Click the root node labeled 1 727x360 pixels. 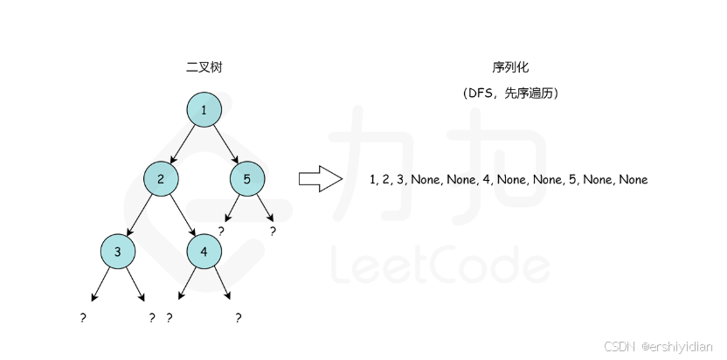204,110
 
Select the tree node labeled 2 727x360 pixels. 161,179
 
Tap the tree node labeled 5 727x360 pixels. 247,179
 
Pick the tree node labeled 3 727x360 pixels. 117,251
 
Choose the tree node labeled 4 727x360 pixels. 204,251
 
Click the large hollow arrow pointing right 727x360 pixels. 320,179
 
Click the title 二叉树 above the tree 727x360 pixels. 204,67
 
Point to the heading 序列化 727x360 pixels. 510,67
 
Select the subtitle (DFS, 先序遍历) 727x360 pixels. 510,92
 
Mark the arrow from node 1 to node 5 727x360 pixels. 225,145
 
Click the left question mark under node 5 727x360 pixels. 222,232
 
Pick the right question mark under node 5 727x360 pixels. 273,232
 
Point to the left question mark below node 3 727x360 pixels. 82,318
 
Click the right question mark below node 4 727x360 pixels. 238,318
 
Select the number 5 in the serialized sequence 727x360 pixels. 572,180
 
